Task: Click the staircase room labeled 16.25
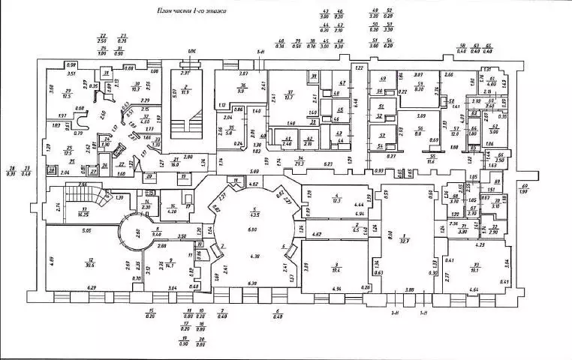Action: coord(86,211)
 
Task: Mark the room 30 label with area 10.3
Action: coord(137,87)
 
